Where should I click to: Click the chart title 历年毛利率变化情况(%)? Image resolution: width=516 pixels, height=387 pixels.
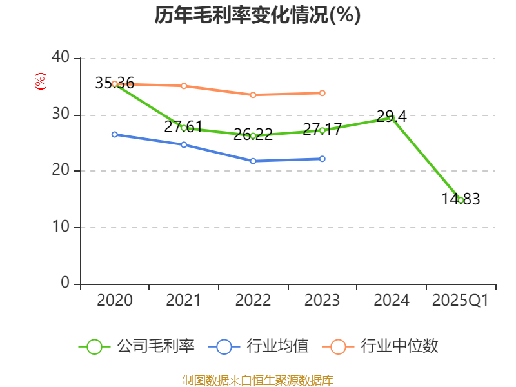point(257,15)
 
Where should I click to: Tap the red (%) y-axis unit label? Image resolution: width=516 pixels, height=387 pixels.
point(40,82)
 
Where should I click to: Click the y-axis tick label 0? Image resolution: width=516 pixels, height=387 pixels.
point(66,283)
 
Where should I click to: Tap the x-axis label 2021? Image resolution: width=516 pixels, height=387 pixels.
point(183,301)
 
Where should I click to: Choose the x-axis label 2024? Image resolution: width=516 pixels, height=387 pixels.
point(392,301)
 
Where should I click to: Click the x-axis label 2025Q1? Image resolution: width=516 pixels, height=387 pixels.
point(460,301)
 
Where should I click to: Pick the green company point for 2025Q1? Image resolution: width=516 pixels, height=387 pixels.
point(461,200)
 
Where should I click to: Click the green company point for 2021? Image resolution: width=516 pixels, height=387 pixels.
point(184,128)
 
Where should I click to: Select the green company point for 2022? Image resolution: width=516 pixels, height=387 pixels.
point(253,135)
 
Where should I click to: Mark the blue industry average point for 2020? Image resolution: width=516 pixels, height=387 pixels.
point(115,134)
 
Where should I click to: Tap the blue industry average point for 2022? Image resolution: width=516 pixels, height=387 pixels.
point(253,161)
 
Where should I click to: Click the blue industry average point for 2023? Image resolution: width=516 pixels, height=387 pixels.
point(322,159)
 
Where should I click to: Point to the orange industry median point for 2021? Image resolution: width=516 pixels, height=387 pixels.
point(184,86)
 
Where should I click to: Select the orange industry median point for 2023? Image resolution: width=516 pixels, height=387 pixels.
point(322,93)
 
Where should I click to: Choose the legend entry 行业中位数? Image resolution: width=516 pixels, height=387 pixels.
point(384,346)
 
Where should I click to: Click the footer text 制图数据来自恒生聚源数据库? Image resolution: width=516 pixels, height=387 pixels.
point(257,380)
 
